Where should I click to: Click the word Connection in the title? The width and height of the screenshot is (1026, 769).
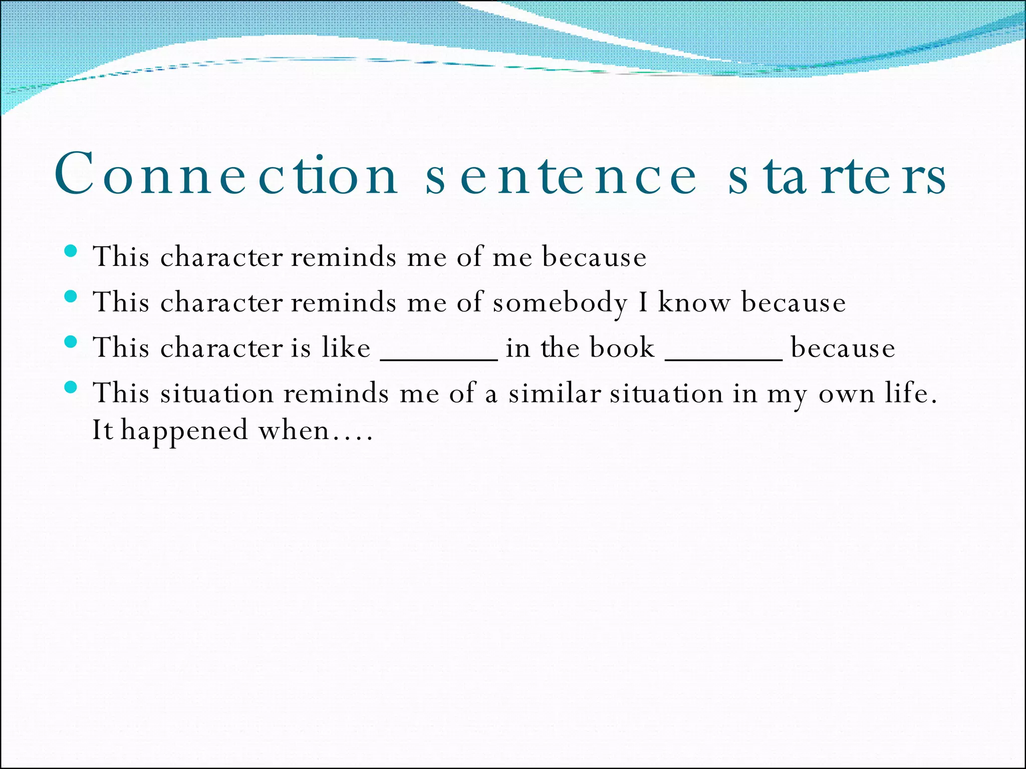226,174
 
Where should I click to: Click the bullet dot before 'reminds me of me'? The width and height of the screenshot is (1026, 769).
71,251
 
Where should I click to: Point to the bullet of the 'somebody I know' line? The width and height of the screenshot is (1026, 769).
71,296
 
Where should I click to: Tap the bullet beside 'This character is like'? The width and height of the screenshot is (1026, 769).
71,342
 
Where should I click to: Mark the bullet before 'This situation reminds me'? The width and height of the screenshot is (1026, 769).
71,387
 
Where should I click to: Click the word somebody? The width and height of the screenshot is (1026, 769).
560,303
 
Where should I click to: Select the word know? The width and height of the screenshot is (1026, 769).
694,302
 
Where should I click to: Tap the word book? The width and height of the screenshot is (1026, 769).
622,347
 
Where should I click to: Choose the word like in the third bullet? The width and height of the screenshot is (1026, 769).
346,347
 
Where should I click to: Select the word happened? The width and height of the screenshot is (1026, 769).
184,431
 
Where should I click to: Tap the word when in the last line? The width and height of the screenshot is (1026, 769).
294,431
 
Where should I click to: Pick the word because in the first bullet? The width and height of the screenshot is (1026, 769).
594,257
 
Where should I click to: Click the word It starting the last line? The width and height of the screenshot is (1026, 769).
102,430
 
